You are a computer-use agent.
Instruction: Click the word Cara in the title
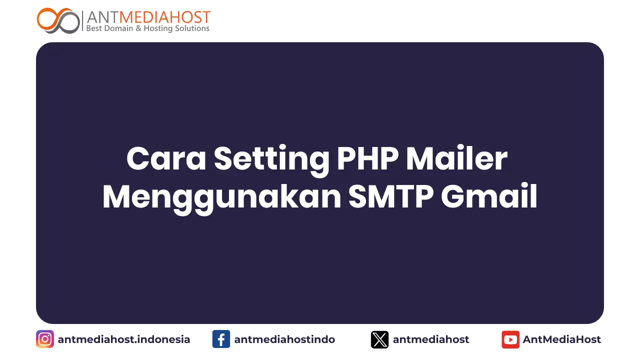point(166,159)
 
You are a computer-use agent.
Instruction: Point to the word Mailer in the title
point(456,159)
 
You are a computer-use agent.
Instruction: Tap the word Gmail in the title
point(488,197)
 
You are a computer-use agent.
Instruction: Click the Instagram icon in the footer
point(45,339)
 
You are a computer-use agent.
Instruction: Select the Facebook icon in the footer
point(221,339)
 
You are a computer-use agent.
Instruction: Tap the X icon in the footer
point(379,339)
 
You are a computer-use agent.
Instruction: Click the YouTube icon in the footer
point(510,339)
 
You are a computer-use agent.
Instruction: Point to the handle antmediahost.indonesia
point(124,339)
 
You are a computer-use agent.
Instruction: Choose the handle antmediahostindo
point(284,339)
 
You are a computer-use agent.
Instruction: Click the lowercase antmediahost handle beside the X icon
point(431,339)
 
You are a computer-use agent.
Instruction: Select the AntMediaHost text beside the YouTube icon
point(562,339)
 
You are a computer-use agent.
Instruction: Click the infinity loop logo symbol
point(58,20)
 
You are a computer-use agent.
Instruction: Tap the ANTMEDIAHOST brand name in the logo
point(148,17)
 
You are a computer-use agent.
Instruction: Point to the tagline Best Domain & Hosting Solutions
point(148,28)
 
